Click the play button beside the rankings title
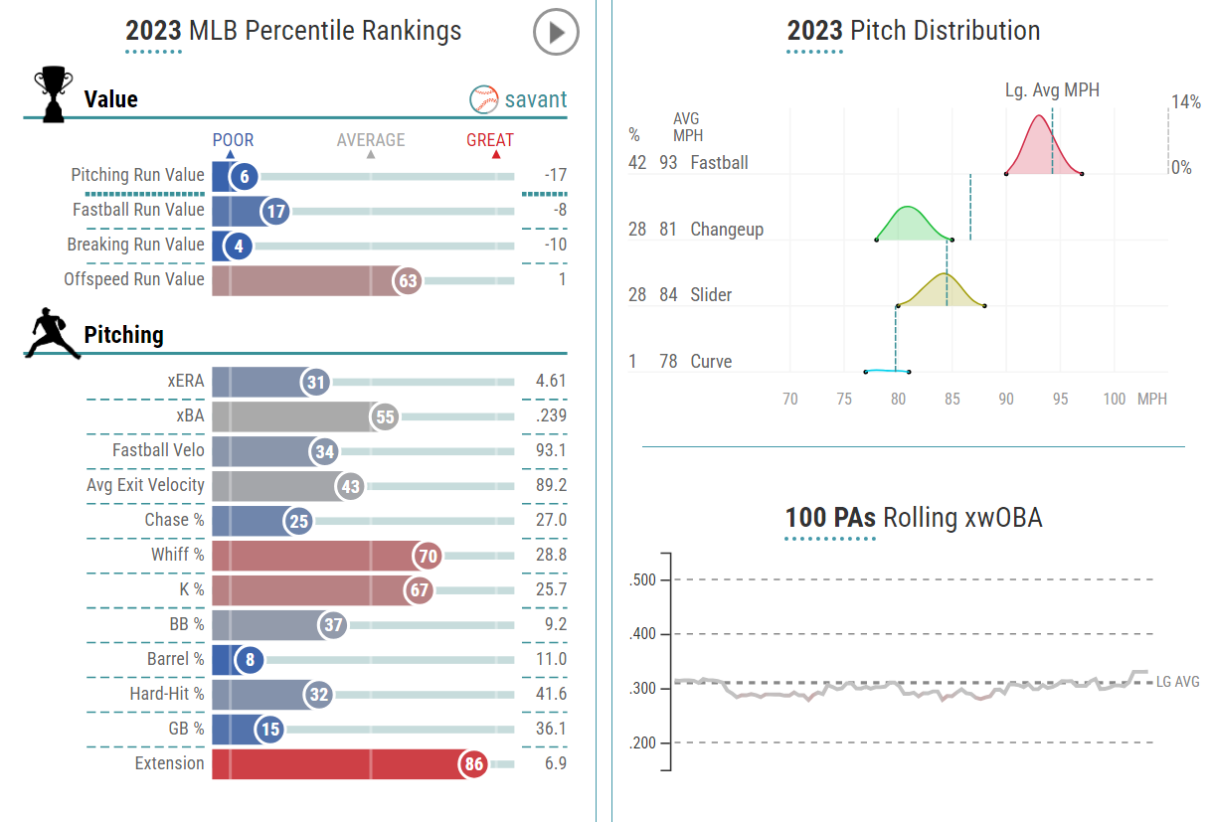556,33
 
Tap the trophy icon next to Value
52,93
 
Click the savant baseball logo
484,99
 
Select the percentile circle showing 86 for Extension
473,764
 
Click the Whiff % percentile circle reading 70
429,556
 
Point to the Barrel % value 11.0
550,659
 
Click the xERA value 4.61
550,381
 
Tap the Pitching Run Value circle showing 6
243,176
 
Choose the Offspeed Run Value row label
134,279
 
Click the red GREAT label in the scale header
490,140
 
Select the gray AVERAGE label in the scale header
371,140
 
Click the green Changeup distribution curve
907,224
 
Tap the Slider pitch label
711,295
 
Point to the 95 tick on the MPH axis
1061,399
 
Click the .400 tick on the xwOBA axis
644,634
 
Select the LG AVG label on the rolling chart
1177,682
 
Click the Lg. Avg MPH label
1052,90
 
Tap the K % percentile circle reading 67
420,590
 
